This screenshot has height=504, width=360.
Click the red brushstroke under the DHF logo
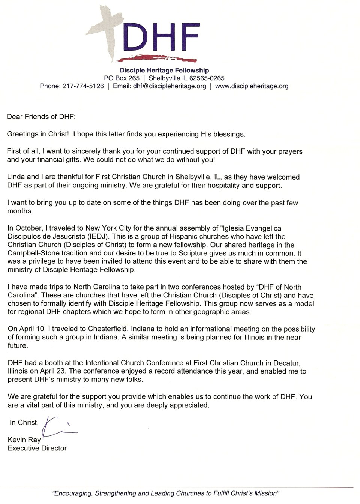pos(157,59)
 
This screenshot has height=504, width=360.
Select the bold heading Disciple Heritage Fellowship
pos(164,70)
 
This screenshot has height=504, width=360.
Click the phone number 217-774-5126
pos(83,86)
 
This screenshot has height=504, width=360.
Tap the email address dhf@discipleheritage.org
pos(169,86)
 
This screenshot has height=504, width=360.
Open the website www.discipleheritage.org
pos(252,86)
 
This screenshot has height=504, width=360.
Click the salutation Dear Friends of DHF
pos(41,117)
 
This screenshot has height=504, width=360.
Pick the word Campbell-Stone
pos(30,253)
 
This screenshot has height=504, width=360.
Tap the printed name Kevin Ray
pos(24,439)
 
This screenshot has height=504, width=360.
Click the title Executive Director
pos(37,448)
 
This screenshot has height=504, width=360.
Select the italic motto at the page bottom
pos(166,493)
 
